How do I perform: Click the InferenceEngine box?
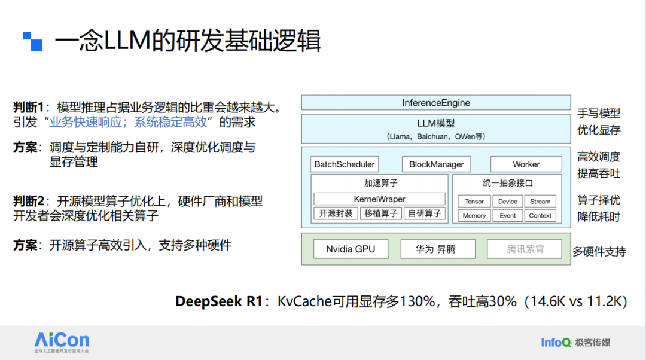436,103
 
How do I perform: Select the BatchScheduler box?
345,164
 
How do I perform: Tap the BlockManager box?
436,164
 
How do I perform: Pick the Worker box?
526,164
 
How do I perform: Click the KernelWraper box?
379,199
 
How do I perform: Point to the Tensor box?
474,202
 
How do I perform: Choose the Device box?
508,202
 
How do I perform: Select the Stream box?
540,202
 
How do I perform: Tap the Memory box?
474,215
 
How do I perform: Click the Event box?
508,215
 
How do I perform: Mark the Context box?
540,215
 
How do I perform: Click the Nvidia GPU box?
351,249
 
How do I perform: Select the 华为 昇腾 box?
437,249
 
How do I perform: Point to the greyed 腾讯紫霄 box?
525,249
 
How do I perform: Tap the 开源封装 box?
336,213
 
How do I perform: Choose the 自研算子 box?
425,213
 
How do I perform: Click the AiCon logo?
62,342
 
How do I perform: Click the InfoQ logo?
575,342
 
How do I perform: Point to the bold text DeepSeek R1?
219,301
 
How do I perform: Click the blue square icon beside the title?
33,42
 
